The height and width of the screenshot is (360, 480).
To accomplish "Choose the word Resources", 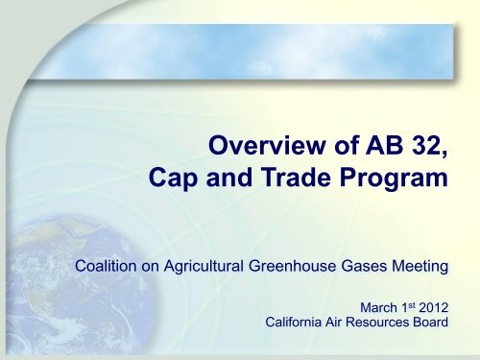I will tap(381, 324).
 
